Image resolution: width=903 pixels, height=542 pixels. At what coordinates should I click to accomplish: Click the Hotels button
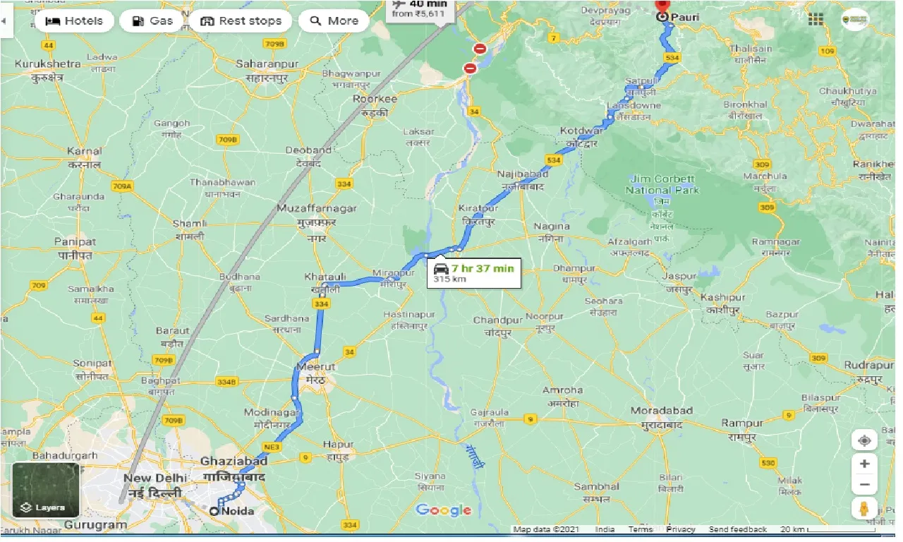pyautogui.click(x=73, y=21)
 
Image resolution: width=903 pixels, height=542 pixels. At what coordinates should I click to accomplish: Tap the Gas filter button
pyautogui.click(x=152, y=21)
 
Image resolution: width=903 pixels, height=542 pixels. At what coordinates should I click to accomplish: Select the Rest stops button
pyautogui.click(x=241, y=21)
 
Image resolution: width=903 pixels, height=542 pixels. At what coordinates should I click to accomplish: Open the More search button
pyautogui.click(x=334, y=21)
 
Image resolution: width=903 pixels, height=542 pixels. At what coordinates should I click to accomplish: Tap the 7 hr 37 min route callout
pyautogui.click(x=474, y=272)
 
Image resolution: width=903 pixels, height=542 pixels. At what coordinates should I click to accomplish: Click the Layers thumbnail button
pyautogui.click(x=45, y=490)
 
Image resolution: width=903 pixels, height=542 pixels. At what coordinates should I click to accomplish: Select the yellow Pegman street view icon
pyautogui.click(x=863, y=507)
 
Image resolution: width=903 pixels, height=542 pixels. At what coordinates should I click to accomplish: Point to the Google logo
pyautogui.click(x=443, y=510)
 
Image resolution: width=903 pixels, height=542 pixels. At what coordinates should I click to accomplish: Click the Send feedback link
pyautogui.click(x=737, y=529)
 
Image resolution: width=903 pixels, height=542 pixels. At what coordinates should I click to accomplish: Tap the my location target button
pyautogui.click(x=863, y=441)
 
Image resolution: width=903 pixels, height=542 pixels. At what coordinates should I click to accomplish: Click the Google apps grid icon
pyautogui.click(x=816, y=20)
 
